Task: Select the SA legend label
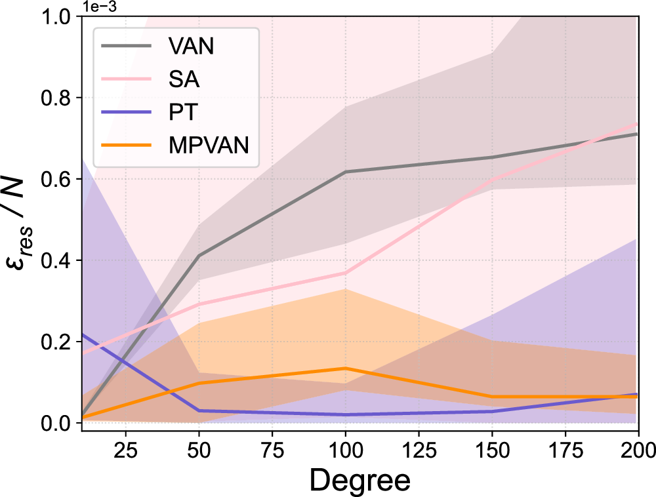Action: click(x=180, y=80)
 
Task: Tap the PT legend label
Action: click(x=178, y=113)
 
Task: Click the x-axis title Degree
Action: click(x=360, y=480)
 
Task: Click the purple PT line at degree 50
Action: click(x=199, y=410)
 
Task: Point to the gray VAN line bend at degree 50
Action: click(x=199, y=256)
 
